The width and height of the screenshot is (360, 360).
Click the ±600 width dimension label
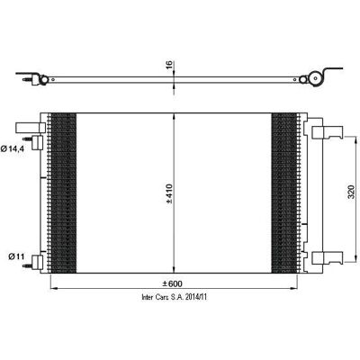pyautogui.click(x=172, y=283)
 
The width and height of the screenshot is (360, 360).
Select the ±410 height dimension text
pyautogui.click(x=169, y=193)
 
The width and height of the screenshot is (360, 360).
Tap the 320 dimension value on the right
pyautogui.click(x=351, y=192)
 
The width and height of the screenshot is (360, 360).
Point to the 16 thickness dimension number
pyautogui.click(x=169, y=65)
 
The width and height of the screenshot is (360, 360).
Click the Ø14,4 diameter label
pyautogui.click(x=13, y=148)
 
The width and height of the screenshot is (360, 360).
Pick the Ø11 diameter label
pyautogui.click(x=16, y=256)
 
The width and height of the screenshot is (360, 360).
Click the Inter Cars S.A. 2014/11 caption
pyautogui.click(x=175, y=297)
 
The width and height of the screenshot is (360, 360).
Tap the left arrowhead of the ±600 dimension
pyautogui.click(x=53, y=289)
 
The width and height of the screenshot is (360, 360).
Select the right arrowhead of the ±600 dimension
pyautogui.click(x=293, y=289)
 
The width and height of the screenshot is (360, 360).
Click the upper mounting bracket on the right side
pyautogui.click(x=328, y=132)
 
